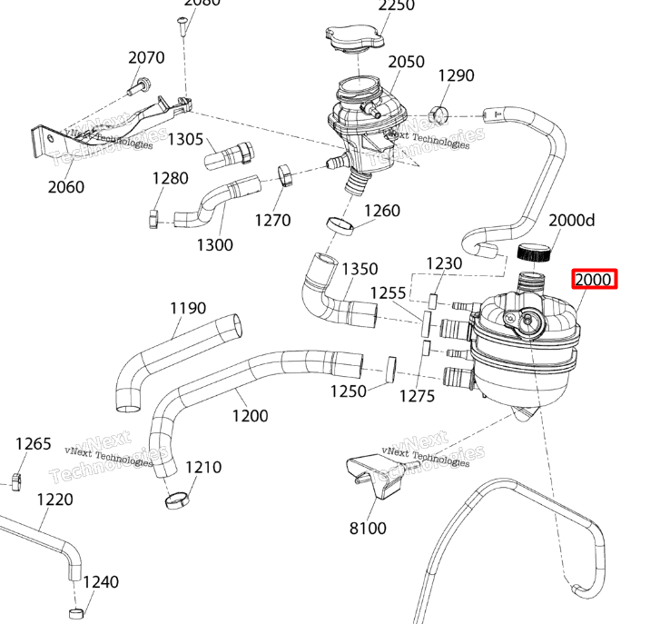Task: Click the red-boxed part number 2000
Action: point(594,280)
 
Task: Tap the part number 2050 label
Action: point(406,62)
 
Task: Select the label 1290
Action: point(456,75)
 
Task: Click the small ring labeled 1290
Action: point(440,114)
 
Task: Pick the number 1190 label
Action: point(188,309)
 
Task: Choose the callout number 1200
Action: point(250,416)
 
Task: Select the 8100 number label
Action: point(368,528)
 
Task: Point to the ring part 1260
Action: point(340,224)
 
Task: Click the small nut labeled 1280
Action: point(153,216)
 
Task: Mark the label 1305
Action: point(185,138)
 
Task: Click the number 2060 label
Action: point(65,187)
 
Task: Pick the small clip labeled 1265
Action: point(16,479)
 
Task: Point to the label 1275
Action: point(417,396)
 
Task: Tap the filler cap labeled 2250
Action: point(354,39)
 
